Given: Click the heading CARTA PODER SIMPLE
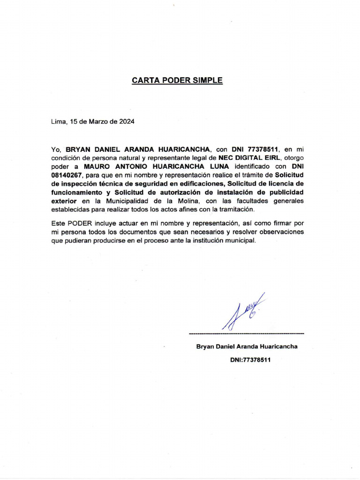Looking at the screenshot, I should (x=177, y=80).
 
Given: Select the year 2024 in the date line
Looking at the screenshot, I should (x=127, y=122).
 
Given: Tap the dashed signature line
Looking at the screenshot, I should (x=246, y=333).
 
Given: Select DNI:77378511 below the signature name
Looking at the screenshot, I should (x=250, y=360).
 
